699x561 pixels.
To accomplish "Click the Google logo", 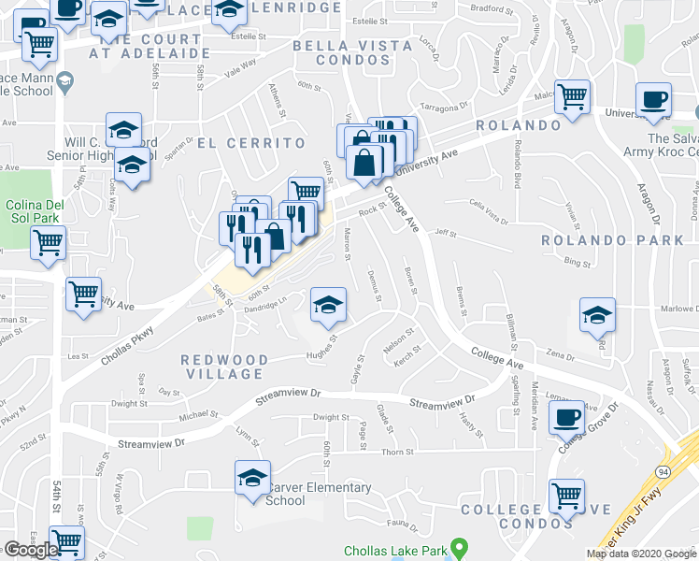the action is tap(31, 550).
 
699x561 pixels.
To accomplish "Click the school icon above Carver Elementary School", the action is tap(252, 479).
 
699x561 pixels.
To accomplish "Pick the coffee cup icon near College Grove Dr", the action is tap(566, 418).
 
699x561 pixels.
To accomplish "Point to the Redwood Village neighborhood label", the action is tap(224, 367).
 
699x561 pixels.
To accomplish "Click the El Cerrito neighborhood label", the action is tap(251, 143).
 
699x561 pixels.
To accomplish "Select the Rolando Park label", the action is tap(613, 240).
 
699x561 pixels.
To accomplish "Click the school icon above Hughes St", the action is tap(328, 306).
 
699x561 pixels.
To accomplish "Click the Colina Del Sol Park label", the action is tap(33, 211).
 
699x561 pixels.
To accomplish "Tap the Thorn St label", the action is tap(397, 452).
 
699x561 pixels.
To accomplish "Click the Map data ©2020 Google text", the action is tap(640, 553).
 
